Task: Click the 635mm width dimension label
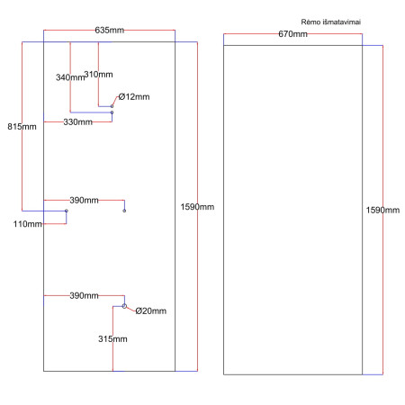[110, 31]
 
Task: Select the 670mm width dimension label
[292, 34]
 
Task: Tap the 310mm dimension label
[98, 74]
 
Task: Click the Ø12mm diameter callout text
[135, 96]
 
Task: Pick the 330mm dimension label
[78, 121]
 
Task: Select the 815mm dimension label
[21, 126]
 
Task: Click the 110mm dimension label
[28, 224]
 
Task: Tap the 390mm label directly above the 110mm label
[84, 200]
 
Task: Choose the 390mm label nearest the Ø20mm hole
[84, 295]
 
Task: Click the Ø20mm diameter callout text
[150, 311]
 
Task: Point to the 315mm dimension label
[112, 339]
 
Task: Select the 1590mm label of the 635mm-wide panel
[198, 207]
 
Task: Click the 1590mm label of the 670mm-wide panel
[382, 210]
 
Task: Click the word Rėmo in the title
[312, 20]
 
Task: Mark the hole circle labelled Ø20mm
[124, 306]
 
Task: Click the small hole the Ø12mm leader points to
[112, 106]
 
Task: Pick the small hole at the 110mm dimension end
[67, 211]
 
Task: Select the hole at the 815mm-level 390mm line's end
[124, 211]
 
